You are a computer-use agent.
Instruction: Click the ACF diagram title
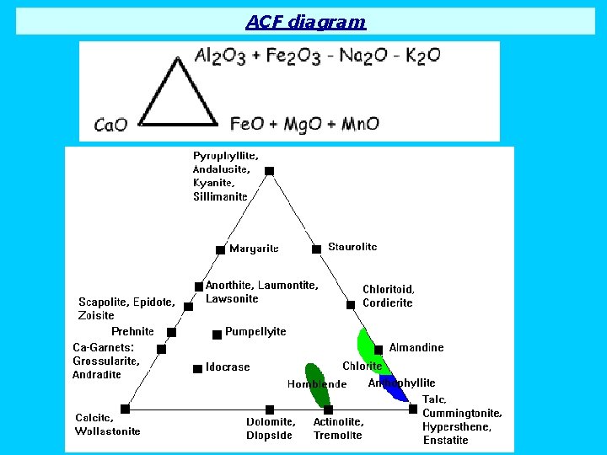(x=306, y=22)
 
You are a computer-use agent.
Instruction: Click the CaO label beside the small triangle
(x=110, y=126)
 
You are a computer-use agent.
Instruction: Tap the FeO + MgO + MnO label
(x=304, y=124)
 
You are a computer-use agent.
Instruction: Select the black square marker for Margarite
(x=220, y=249)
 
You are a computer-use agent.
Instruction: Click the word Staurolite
(x=352, y=247)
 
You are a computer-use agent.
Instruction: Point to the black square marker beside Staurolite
(x=316, y=249)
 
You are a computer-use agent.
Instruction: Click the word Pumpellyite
(x=255, y=332)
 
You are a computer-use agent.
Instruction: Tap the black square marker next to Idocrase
(x=197, y=368)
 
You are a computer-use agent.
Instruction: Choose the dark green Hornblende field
(x=318, y=383)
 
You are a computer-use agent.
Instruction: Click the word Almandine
(x=416, y=347)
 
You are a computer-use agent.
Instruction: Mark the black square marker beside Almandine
(x=379, y=349)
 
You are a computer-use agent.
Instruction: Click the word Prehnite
(x=132, y=331)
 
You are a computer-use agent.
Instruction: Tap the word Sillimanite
(x=220, y=196)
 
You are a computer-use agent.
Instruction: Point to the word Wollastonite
(x=108, y=431)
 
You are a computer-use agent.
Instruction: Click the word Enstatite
(x=445, y=440)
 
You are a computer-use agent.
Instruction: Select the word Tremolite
(x=337, y=436)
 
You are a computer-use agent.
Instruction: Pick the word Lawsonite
(x=232, y=299)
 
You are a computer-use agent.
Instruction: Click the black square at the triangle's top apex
(x=269, y=171)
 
